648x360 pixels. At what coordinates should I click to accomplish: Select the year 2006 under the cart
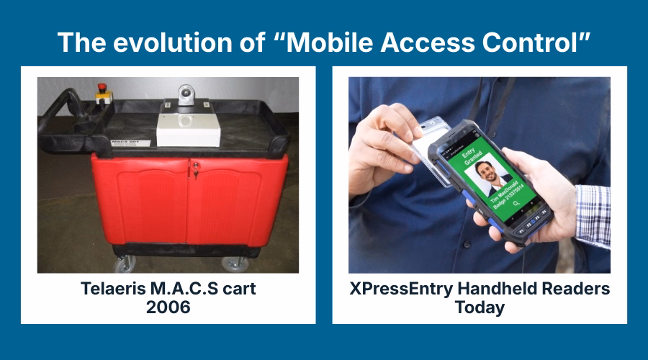[x=168, y=307]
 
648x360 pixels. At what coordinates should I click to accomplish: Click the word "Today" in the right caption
[x=480, y=307]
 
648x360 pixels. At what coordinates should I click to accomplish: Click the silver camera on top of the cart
[x=186, y=94]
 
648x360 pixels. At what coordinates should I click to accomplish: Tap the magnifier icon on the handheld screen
[x=516, y=204]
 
